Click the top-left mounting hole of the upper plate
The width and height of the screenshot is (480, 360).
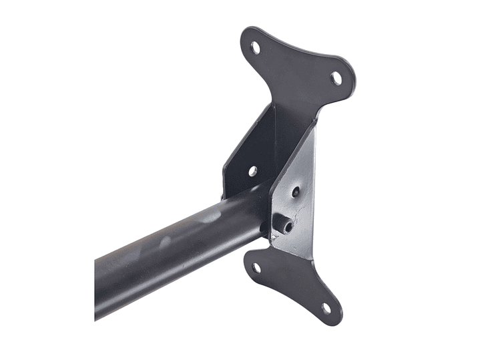[x=254, y=47]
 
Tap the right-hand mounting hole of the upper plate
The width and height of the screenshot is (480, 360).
[x=336, y=77]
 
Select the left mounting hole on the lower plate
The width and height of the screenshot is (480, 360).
[x=256, y=268]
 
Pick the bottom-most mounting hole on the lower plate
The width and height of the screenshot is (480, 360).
[x=326, y=309]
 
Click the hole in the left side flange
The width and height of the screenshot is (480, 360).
[x=252, y=171]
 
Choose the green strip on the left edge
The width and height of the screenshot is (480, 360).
[x=30, y=180]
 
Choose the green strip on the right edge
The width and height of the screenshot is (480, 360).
[x=449, y=180]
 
